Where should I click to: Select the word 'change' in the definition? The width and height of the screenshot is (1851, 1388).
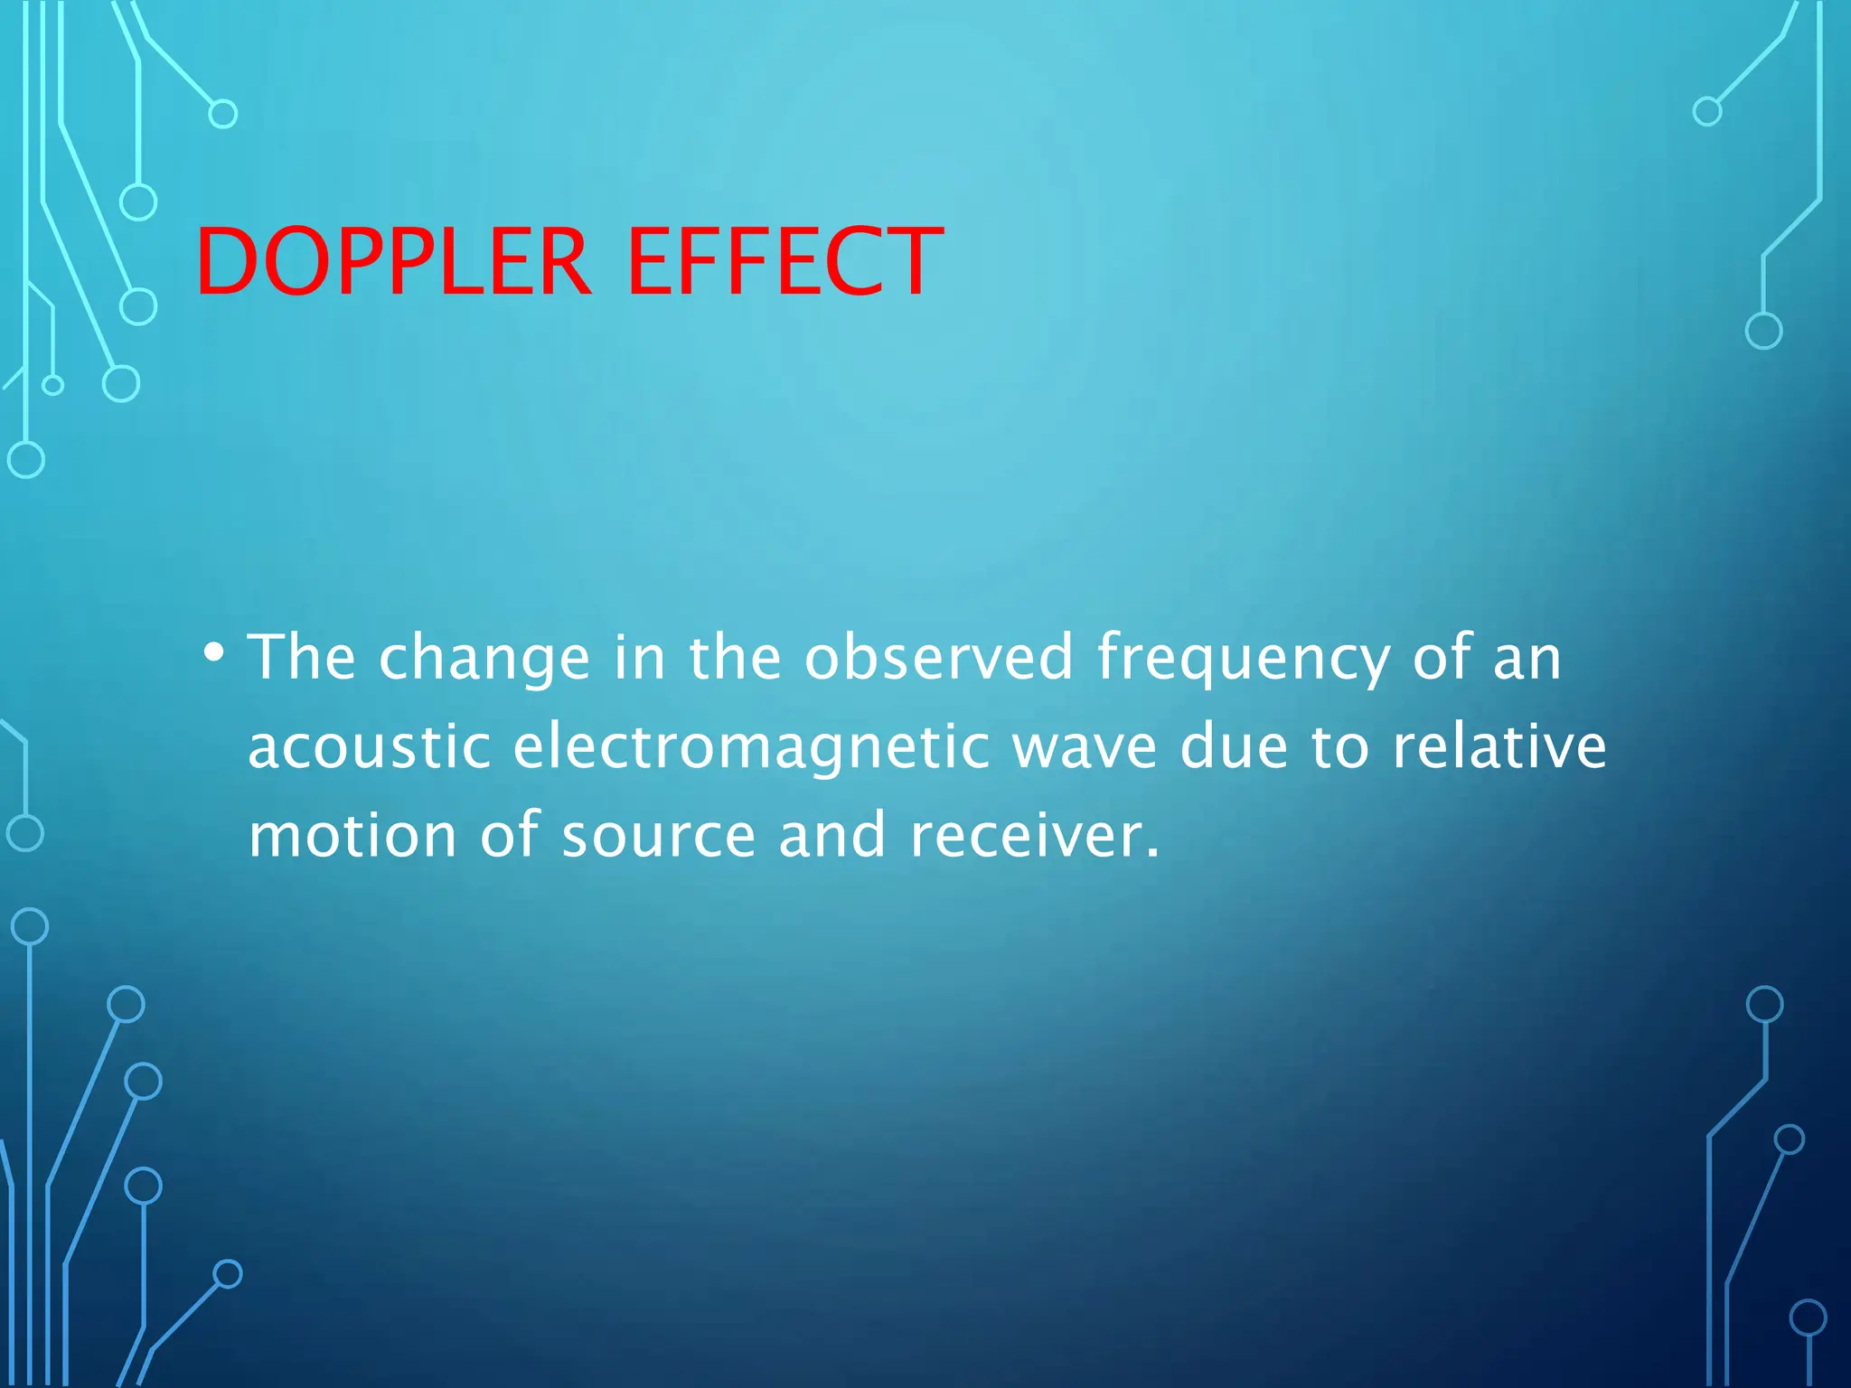(x=484, y=660)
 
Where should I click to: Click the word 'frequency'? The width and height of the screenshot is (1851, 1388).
(x=1243, y=660)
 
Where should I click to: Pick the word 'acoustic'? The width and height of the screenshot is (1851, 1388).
(x=370, y=747)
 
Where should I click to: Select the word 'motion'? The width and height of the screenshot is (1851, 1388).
(x=352, y=835)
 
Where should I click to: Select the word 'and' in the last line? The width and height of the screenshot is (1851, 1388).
(x=832, y=835)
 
